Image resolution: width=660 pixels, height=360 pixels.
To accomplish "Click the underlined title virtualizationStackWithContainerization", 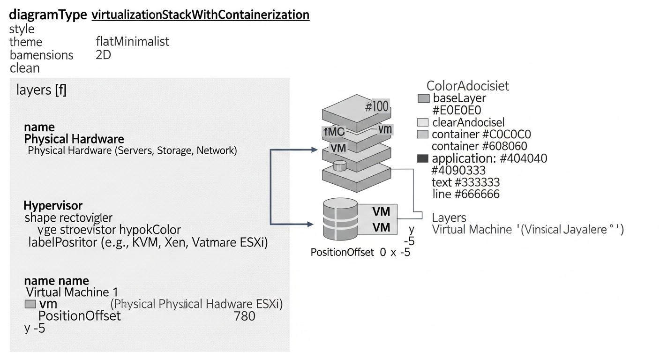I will pos(201,15).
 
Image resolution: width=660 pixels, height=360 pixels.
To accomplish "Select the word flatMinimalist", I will pos(132,42).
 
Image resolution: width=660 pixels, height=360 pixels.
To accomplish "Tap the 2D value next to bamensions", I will pos(103,55).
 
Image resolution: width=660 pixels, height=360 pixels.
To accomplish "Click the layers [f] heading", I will pos(41,90).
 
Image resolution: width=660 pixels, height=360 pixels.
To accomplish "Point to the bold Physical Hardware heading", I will pos(74,139).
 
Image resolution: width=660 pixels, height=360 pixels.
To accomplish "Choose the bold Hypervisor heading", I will pos(53,205).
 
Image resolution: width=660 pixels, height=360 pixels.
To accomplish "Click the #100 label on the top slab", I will pos(376,106).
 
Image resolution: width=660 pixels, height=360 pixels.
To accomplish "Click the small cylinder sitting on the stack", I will pos(339,165).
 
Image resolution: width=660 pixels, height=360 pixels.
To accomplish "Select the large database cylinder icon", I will pos(341,218).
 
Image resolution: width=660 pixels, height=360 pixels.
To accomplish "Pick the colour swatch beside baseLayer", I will pos(423,98).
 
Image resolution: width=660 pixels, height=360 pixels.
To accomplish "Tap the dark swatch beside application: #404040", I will pos(423,159).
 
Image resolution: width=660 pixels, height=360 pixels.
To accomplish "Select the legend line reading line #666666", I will pos(465,194).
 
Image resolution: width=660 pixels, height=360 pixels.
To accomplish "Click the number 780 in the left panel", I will pos(244,316).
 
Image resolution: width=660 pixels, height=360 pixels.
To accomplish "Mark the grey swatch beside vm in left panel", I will pos(30,304).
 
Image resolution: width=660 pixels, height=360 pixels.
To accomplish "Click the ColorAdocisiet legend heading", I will pos(467,86).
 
